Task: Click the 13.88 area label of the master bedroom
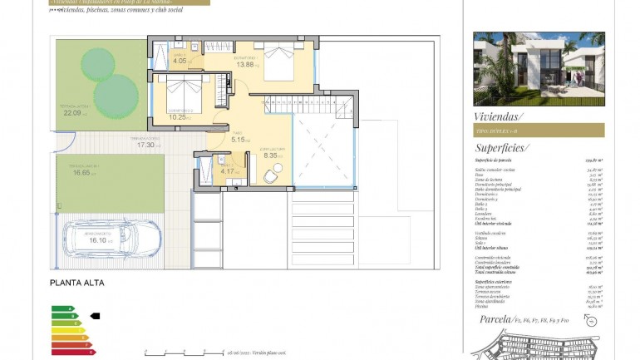[x=246, y=64]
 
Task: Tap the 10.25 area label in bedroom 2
[x=179, y=117]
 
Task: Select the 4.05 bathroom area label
[x=180, y=61]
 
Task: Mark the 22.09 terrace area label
[x=74, y=113]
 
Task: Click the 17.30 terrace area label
[x=146, y=145]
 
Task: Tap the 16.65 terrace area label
[x=81, y=173]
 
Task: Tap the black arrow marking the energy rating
[x=95, y=316]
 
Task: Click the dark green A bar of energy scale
[x=62, y=308]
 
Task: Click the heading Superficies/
[x=504, y=147]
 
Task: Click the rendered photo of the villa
[x=539, y=69]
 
